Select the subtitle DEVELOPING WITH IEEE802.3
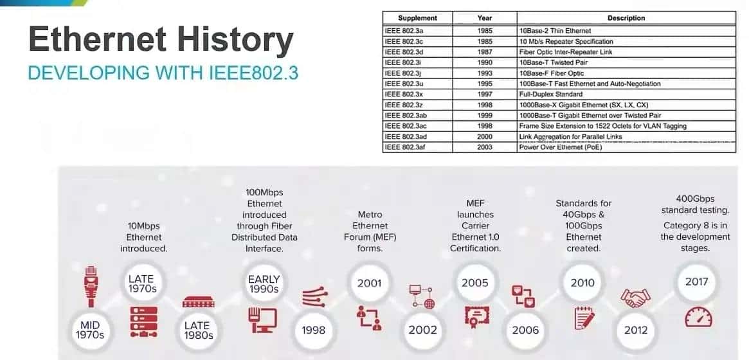click(163, 73)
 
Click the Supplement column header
click(417, 18)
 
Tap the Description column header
click(626, 18)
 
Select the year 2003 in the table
click(485, 147)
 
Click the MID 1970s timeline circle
click(91, 330)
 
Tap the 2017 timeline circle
click(697, 282)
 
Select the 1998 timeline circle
click(313, 330)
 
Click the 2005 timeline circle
click(475, 282)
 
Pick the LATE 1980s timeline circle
click(197, 330)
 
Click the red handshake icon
click(635, 298)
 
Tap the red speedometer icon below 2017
click(697, 318)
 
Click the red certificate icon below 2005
click(475, 316)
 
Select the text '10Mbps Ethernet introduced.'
click(143, 237)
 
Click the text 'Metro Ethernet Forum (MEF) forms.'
click(370, 231)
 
